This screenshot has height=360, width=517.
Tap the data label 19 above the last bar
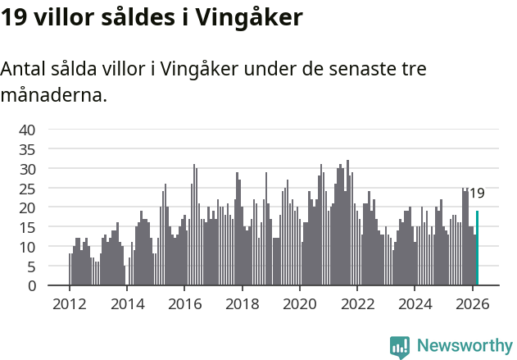(x=477, y=194)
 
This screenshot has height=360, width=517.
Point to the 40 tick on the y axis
(x=27, y=130)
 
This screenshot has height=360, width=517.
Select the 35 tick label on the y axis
(x=27, y=149)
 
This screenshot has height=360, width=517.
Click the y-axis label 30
(x=27, y=169)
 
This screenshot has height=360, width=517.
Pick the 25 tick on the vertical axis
(x=27, y=188)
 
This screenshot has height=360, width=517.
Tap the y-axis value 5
(x=31, y=267)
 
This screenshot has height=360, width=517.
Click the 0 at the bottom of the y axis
(x=31, y=286)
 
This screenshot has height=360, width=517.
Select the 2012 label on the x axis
(x=69, y=304)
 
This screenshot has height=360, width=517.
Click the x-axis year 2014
(x=126, y=304)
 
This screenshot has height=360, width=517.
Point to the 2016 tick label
(x=184, y=304)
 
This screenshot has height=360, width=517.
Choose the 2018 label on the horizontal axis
(x=242, y=304)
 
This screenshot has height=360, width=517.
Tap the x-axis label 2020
(x=299, y=304)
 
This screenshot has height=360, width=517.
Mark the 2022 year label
(x=357, y=304)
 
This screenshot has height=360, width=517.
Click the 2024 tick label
(x=415, y=304)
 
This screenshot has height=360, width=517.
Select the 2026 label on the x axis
(x=472, y=304)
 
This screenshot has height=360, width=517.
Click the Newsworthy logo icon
(x=400, y=346)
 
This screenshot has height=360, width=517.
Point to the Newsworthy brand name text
(x=465, y=346)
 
